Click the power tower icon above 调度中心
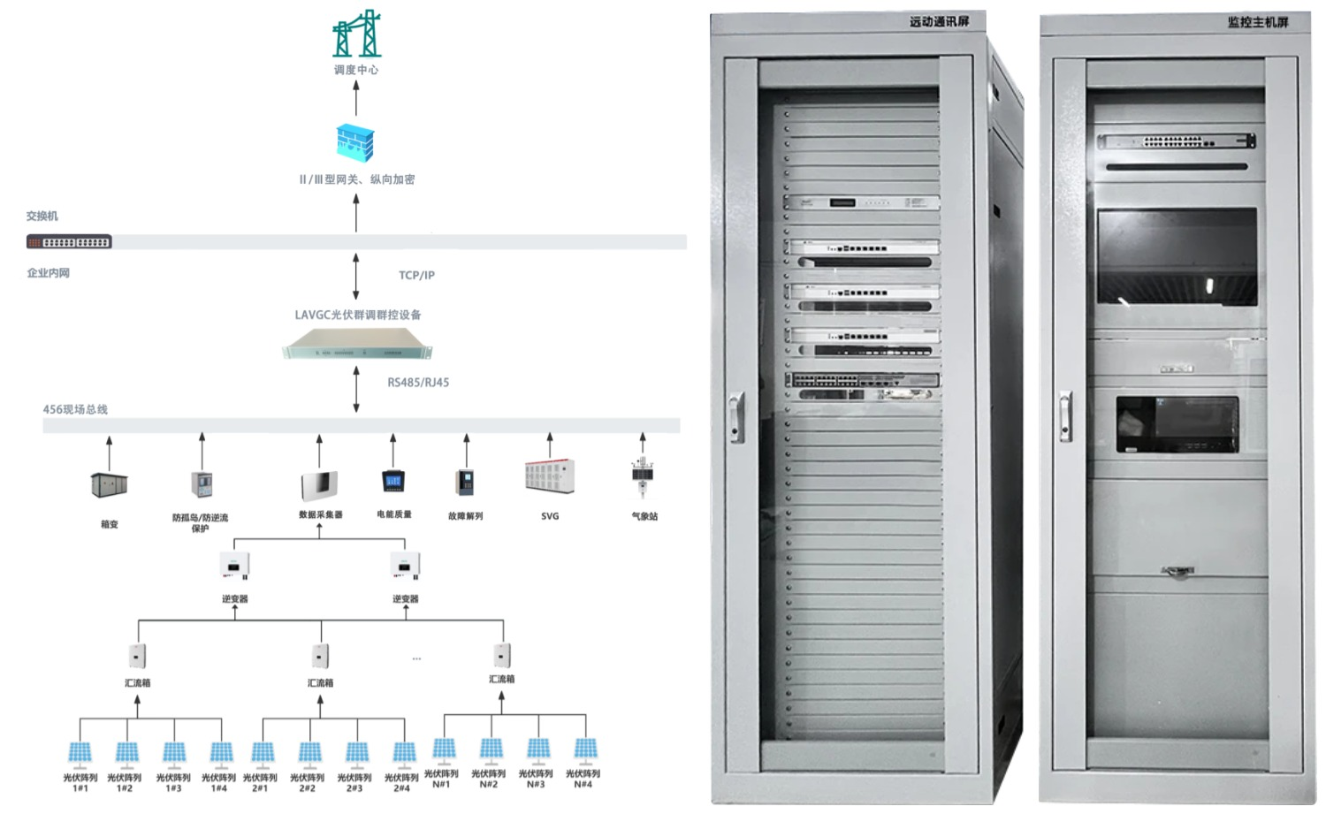356,34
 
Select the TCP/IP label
416,276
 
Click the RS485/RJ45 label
418,383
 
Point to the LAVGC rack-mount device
357,343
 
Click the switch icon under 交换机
69,241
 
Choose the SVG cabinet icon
549,475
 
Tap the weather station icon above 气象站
643,477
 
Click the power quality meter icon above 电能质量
393,482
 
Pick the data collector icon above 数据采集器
319,485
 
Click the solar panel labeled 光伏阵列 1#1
80,753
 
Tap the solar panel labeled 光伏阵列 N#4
584,749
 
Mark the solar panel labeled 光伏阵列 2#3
356,753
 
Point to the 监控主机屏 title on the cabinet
1257,22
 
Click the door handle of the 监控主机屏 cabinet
1066,415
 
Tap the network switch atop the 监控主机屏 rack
1177,141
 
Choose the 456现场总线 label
75,410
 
